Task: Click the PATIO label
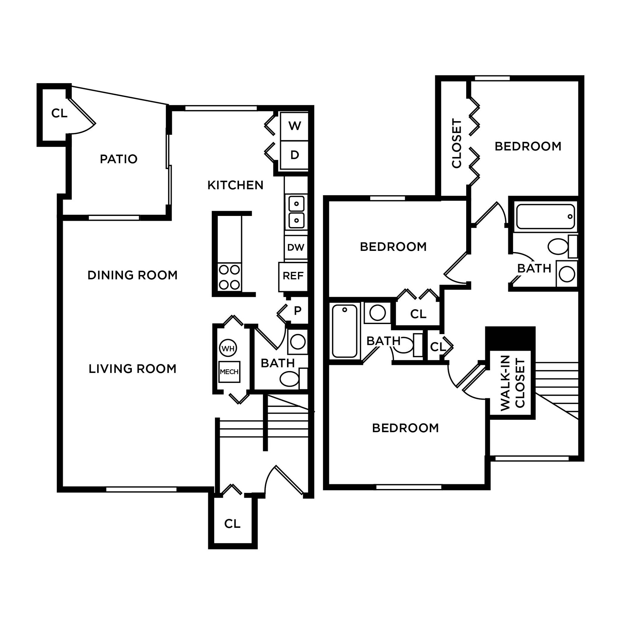pyautogui.click(x=118, y=159)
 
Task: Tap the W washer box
pyautogui.click(x=294, y=126)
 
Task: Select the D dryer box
pyautogui.click(x=294, y=155)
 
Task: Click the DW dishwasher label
pyautogui.click(x=296, y=248)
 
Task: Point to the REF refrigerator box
pyautogui.click(x=293, y=276)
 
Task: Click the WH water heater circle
pyautogui.click(x=228, y=348)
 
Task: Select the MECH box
pyautogui.click(x=229, y=372)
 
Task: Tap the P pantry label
pyautogui.click(x=297, y=311)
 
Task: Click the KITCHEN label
pyautogui.click(x=235, y=185)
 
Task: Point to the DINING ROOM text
pyautogui.click(x=133, y=275)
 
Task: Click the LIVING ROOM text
pyautogui.click(x=133, y=369)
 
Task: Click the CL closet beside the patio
pyautogui.click(x=59, y=113)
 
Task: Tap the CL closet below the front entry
pyautogui.click(x=232, y=524)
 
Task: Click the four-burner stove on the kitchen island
pyautogui.click(x=230, y=277)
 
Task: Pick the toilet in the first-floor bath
pyautogui.click(x=290, y=379)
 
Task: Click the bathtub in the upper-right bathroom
pyautogui.click(x=545, y=217)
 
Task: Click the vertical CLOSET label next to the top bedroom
pyautogui.click(x=456, y=144)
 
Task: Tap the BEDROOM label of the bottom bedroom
pyautogui.click(x=405, y=428)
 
